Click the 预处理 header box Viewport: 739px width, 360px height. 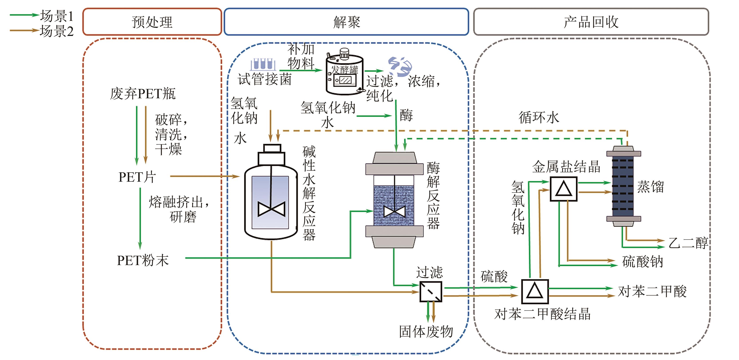pos(152,22)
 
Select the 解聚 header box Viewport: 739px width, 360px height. pos(346,22)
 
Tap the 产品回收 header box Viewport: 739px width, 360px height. pos(591,22)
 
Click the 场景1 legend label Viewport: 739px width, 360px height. pos(57,16)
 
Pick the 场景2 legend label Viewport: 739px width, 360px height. pos(57,31)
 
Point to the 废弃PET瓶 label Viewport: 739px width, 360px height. pos(143,94)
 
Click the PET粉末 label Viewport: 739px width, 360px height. pos(143,260)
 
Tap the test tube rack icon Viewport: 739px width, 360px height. pos(262,65)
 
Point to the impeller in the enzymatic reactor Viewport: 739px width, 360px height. pos(394,212)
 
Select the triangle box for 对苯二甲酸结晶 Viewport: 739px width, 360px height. pos(535,291)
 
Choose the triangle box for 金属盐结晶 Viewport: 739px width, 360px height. pos(564,189)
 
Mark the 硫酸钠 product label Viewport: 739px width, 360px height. pos(642,262)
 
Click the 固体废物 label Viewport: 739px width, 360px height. pos(426,332)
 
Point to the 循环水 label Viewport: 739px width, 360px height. pos(539,118)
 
